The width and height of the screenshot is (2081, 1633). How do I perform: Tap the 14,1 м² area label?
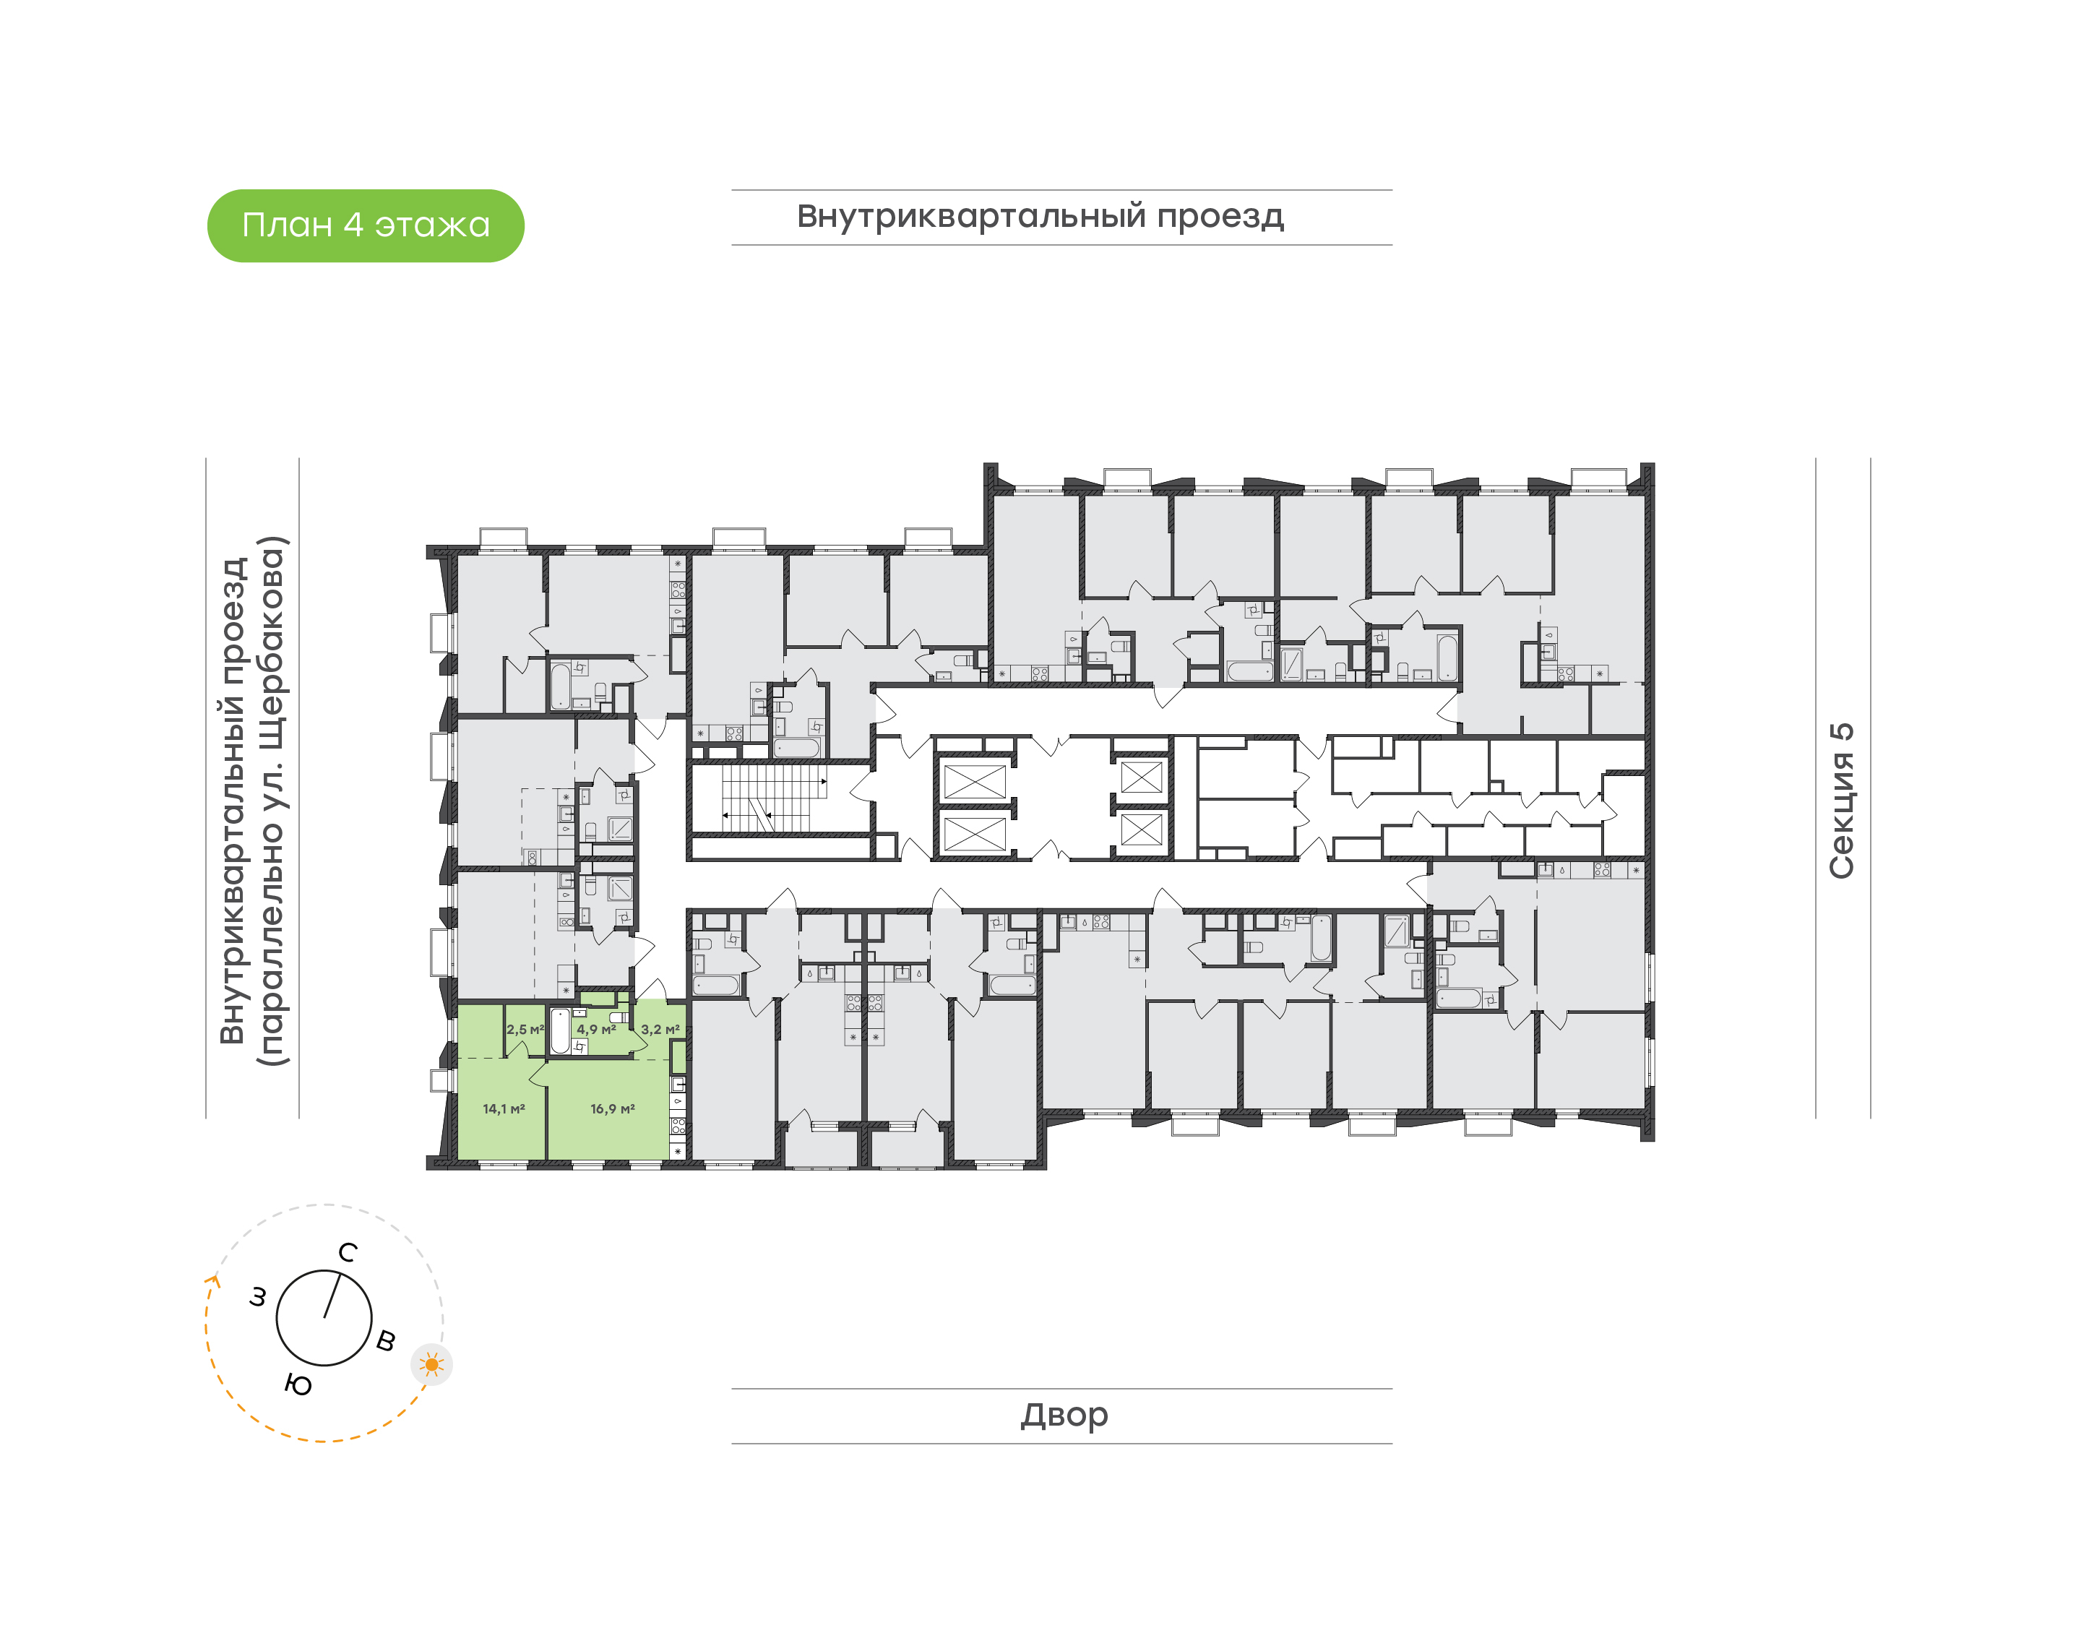503,1109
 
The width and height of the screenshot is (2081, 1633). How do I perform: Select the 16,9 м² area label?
612,1109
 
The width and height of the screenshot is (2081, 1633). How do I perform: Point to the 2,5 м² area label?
525,1030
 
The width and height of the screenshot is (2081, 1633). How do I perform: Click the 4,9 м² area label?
595,1030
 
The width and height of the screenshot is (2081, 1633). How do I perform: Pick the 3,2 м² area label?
660,1030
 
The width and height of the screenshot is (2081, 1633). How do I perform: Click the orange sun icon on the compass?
432,1364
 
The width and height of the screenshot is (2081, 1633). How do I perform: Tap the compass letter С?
348,1252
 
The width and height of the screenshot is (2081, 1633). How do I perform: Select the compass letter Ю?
298,1385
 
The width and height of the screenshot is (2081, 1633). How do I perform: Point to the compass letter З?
257,1298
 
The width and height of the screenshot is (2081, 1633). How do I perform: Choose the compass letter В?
385,1340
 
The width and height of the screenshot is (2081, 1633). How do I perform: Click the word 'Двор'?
1064,1415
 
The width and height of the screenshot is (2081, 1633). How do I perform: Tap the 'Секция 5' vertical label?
1841,801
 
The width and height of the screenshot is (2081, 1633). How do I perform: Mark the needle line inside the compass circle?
332,1296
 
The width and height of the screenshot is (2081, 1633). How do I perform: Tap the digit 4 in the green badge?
353,225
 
